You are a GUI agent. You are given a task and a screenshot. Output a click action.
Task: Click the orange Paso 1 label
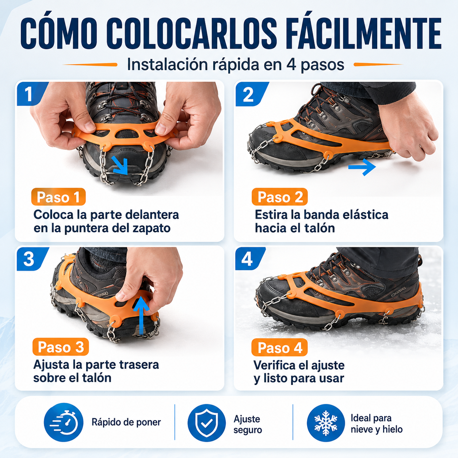pos(58,197)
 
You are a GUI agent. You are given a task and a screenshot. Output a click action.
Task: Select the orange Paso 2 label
pos(280,197)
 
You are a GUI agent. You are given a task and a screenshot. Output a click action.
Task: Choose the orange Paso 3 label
pos(61,347)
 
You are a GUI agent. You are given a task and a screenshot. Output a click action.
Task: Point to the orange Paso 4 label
pos(279,347)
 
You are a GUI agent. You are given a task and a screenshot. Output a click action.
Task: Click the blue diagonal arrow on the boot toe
pos(120,166)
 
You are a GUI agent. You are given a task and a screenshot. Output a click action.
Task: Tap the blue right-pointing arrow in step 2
pos(362,167)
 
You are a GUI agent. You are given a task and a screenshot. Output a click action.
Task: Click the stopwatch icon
pos(64,422)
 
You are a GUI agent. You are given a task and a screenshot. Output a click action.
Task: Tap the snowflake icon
pos(326,423)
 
